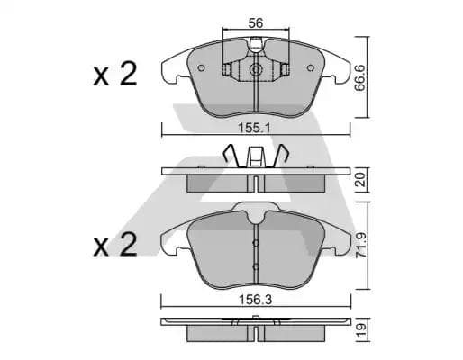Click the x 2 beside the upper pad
[114, 76]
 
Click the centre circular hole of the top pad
[256, 70]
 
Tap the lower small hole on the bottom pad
[256, 266]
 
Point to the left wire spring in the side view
[232, 158]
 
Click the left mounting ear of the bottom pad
[168, 239]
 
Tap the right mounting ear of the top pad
[340, 68]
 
